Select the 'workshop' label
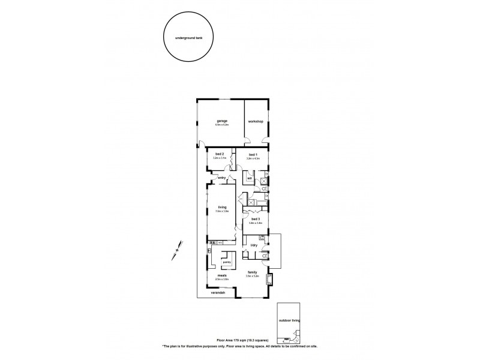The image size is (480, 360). click(x=256, y=122)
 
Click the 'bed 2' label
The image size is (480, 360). click(x=220, y=154)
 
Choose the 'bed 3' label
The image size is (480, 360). click(x=256, y=219)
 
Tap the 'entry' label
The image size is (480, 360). click(x=221, y=178)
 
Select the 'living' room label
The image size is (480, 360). click(x=221, y=207)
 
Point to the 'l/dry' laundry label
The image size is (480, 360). click(x=254, y=245)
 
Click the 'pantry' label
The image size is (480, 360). click(x=227, y=262)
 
